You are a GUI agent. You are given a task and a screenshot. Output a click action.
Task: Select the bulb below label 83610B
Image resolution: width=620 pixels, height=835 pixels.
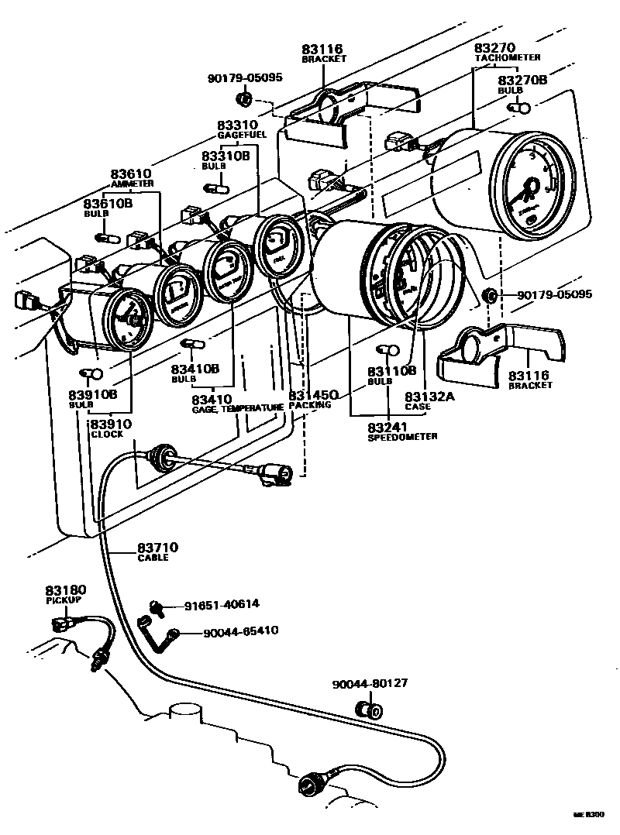pyautogui.click(x=105, y=235)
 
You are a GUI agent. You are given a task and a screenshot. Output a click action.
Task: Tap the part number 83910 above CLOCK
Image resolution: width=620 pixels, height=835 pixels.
pyautogui.click(x=111, y=424)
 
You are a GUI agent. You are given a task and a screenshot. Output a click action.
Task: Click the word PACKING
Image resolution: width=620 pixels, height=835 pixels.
pyautogui.click(x=310, y=405)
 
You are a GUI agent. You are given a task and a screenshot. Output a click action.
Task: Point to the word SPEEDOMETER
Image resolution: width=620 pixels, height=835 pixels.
pyautogui.click(x=402, y=437)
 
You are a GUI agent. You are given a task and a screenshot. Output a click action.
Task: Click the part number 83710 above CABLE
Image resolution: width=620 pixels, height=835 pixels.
pyautogui.click(x=159, y=548)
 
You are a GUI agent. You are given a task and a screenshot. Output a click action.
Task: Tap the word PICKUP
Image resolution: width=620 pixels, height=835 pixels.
pyautogui.click(x=60, y=600)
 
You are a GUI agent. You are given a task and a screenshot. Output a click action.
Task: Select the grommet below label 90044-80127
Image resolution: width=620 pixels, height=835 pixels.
pyautogui.click(x=367, y=710)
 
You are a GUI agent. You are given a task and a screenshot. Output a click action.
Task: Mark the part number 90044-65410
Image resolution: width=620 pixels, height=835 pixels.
pyautogui.click(x=240, y=631)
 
